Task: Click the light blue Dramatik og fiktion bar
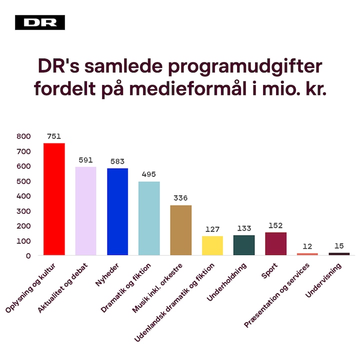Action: coord(149,218)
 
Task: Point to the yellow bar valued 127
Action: coord(212,245)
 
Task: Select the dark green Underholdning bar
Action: coord(244,245)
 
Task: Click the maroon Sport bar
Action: coord(275,243)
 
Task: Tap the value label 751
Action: coord(54,136)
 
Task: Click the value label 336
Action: coord(180,198)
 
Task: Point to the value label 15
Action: coord(339,245)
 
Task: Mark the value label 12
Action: coord(307,246)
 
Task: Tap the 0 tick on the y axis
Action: coord(28,255)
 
